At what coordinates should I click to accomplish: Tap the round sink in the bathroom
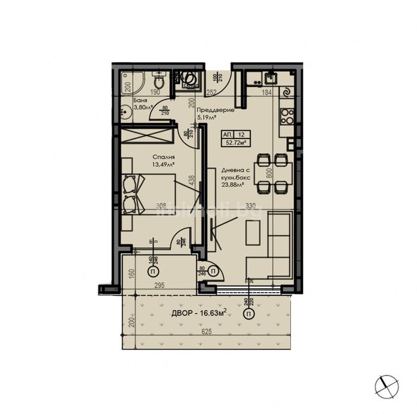pos(126,109)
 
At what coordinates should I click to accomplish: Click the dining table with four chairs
pos(272,173)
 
